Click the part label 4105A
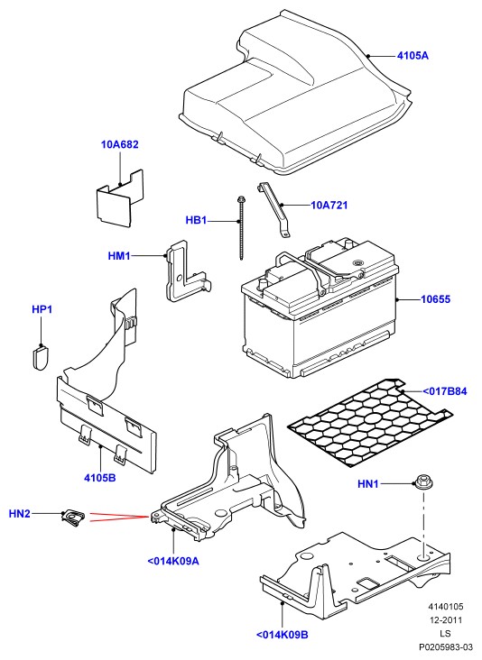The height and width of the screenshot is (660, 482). click(x=412, y=56)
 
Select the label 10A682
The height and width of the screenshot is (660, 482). click(x=120, y=144)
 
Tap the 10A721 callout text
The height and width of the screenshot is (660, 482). click(x=329, y=206)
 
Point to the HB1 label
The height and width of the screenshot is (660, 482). click(x=197, y=220)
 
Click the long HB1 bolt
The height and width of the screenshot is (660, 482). click(x=241, y=227)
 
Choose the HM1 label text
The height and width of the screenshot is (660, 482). click(x=119, y=255)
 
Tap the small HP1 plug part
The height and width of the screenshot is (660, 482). click(x=41, y=357)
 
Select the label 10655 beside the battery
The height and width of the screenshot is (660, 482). click(x=436, y=299)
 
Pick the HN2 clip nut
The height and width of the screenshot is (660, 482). click(x=74, y=518)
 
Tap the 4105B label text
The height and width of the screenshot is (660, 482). click(x=100, y=478)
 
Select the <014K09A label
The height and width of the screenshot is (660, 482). click(x=173, y=561)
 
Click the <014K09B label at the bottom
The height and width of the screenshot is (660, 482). click(x=283, y=635)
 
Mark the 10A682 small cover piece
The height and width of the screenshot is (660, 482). click(x=120, y=198)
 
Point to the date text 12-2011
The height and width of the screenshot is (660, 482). click(x=446, y=620)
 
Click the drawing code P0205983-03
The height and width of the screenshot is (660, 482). click(x=446, y=647)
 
